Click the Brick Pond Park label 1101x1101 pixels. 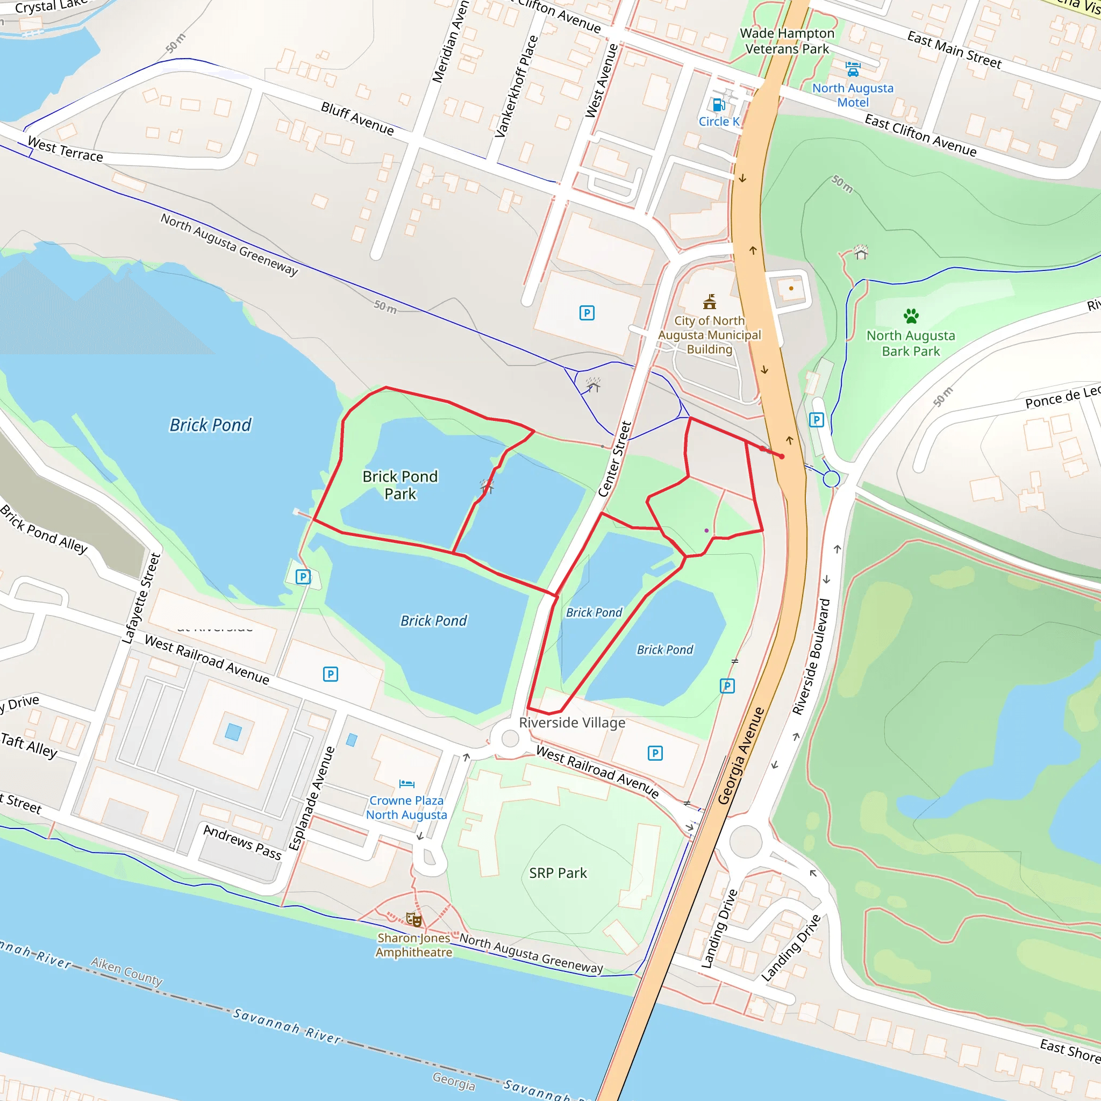point(400,485)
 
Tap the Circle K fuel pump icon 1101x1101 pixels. point(719,105)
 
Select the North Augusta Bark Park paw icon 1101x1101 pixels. point(911,316)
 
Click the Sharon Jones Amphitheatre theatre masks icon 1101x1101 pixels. point(414,919)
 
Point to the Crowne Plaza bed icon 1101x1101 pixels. point(406,784)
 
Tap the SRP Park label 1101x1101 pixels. point(557,873)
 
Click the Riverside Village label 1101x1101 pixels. point(571,723)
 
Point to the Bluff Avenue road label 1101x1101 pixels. point(358,118)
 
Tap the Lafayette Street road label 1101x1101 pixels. point(142,598)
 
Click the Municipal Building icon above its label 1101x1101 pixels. point(710,301)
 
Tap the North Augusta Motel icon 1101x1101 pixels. point(853,69)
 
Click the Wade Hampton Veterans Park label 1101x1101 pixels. point(787,41)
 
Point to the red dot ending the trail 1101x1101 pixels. point(782,456)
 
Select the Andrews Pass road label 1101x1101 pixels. point(242,842)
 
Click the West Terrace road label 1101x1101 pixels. point(65,149)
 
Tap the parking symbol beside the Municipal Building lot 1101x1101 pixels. point(587,313)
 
